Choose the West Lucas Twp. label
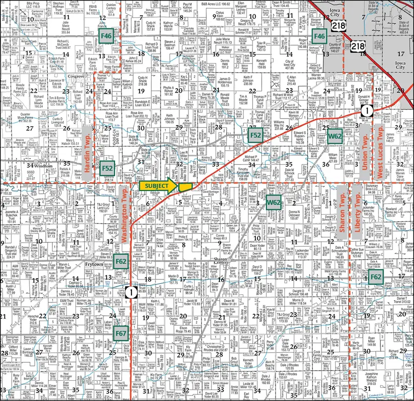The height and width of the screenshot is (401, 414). (380, 143)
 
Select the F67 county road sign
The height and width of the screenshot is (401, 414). (121, 333)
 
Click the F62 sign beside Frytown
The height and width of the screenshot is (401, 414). (121, 262)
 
